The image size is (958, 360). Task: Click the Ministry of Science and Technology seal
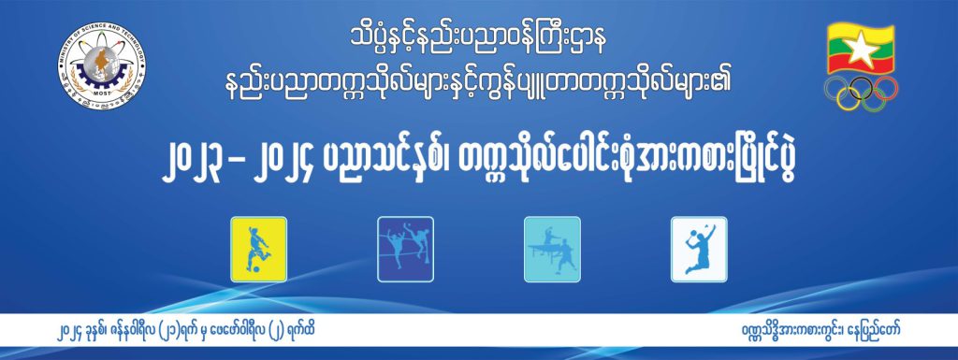pos(102,65)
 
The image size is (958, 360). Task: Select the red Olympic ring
pos(885,88)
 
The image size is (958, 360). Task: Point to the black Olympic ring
pos(861,88)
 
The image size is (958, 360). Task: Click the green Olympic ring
pos(873,99)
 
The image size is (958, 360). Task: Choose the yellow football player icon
pos(258,249)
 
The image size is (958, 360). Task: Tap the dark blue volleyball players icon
pos(405,249)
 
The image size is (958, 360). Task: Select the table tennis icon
pos(552,249)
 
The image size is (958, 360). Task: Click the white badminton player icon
pos(699,249)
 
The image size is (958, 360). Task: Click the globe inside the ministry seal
pos(100,63)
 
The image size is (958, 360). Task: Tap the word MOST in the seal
pos(102,96)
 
